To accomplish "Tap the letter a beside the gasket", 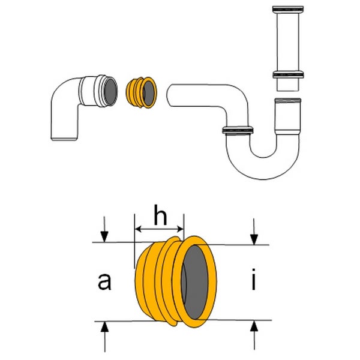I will [x=105, y=281].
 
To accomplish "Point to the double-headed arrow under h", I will [x=158, y=229].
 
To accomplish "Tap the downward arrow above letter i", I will [x=254, y=232].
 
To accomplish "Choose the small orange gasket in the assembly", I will [x=142, y=92].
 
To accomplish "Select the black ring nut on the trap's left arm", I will [x=238, y=130].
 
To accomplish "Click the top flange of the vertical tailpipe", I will [x=287, y=10].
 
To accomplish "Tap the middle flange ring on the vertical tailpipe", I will [x=287, y=74].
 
